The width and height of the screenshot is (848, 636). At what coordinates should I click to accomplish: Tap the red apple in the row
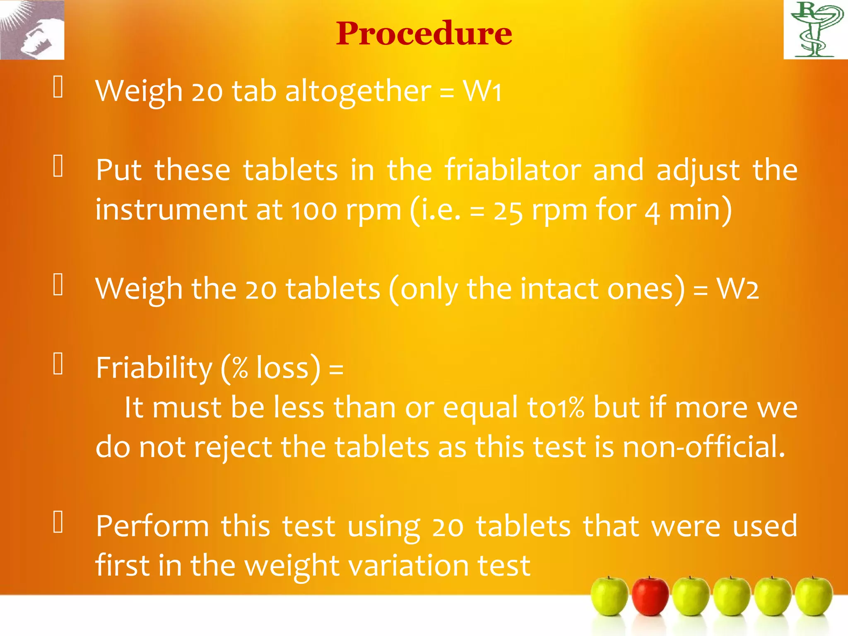(650, 596)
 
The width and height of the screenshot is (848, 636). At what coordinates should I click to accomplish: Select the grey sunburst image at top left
(32, 30)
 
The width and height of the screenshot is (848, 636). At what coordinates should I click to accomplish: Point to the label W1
(482, 91)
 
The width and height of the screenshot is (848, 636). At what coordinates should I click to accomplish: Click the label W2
(737, 289)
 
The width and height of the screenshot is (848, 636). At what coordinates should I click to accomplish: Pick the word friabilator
(513, 170)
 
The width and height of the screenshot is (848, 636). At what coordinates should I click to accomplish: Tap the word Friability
(154, 368)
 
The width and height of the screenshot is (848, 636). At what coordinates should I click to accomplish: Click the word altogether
(358, 92)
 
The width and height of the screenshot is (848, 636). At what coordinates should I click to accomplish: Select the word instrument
(171, 210)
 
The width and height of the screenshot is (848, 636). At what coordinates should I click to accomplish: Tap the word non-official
(703, 447)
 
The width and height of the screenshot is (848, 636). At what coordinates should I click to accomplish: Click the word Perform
(152, 526)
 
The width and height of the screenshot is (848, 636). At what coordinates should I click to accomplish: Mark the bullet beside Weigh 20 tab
(58, 87)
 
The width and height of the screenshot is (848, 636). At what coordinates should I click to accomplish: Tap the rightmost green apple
(814, 596)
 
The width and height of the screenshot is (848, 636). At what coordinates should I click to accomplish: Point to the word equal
(480, 408)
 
